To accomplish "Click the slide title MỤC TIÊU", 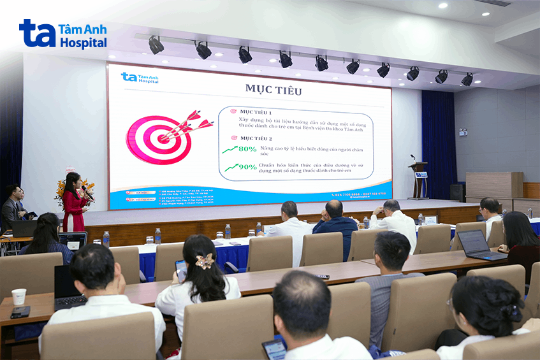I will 273,90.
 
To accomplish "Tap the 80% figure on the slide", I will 247,149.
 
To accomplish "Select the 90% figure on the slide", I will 247,167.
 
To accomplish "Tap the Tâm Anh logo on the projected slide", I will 140,78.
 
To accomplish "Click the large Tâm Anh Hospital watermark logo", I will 62,34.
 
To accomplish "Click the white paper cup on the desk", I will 19,296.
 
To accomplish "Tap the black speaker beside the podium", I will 456,192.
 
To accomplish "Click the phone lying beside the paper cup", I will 20,312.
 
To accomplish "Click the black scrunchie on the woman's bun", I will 509,312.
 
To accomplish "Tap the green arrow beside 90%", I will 229,168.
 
